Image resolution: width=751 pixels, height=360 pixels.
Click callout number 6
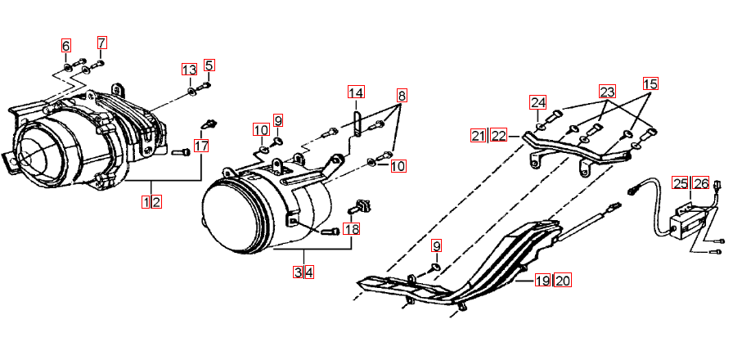pyautogui.click(x=65, y=46)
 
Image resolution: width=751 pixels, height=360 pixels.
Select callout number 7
pyautogui.click(x=101, y=43)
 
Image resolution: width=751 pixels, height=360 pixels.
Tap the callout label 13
pyautogui.click(x=189, y=70)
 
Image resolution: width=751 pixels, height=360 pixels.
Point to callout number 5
pyautogui.click(x=209, y=65)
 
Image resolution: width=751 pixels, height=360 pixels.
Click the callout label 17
pyautogui.click(x=201, y=146)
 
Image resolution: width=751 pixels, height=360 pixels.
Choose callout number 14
pyautogui.click(x=356, y=92)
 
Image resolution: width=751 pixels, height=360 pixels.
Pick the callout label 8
pyautogui.click(x=402, y=96)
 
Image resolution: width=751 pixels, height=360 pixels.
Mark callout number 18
pyautogui.click(x=352, y=229)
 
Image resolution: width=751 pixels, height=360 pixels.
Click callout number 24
pyautogui.click(x=537, y=102)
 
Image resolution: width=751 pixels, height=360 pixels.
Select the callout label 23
pyautogui.click(x=607, y=92)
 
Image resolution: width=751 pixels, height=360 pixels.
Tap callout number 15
pyautogui.click(x=650, y=83)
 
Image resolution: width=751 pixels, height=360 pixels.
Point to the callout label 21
pyautogui.click(x=478, y=136)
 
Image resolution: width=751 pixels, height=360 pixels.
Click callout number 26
pyautogui.click(x=701, y=183)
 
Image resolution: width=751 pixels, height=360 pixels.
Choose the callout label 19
pyautogui.click(x=542, y=280)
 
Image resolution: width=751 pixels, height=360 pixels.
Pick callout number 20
pyautogui.click(x=563, y=280)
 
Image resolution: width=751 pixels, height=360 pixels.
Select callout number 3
pyautogui.click(x=299, y=272)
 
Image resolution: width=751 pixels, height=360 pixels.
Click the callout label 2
pyautogui.click(x=156, y=202)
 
